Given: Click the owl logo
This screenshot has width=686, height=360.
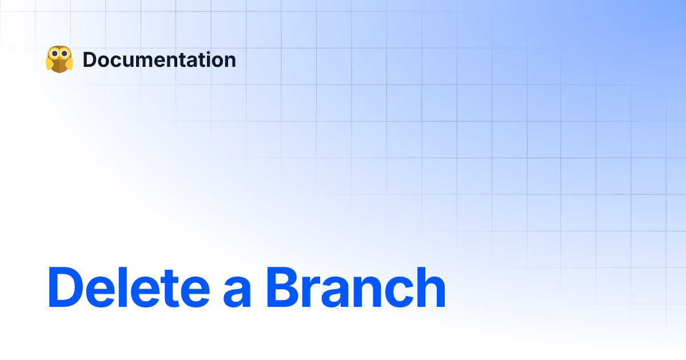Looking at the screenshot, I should point(59,59).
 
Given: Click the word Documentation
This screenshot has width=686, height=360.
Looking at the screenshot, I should point(159,60).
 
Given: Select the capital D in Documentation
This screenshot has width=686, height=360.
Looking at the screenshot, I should point(89,60).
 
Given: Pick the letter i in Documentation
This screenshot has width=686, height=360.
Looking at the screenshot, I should point(204,60).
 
